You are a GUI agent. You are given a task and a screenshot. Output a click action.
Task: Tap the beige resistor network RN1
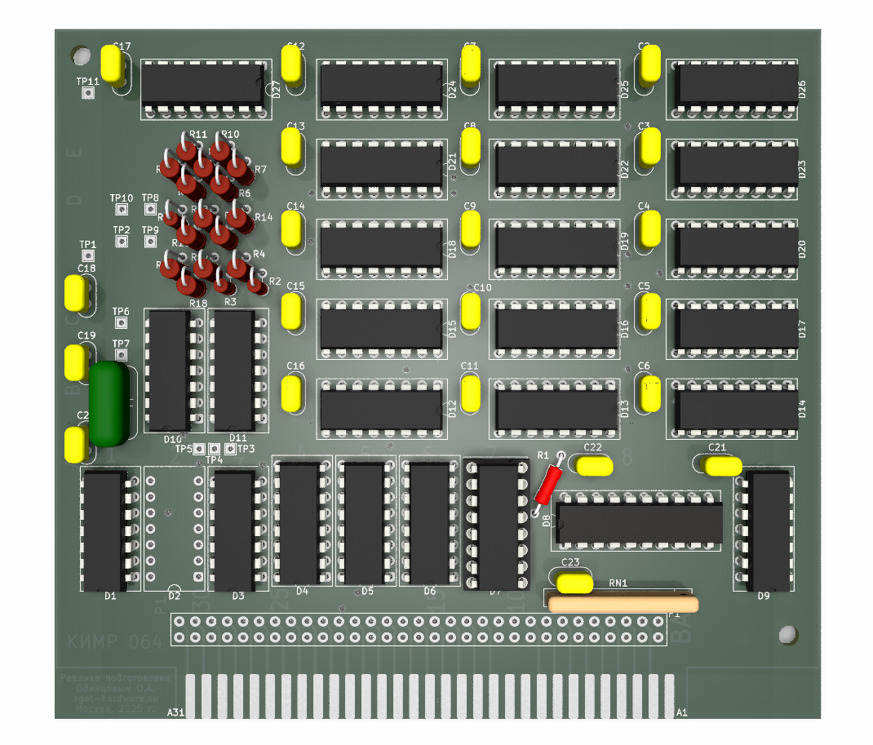623,604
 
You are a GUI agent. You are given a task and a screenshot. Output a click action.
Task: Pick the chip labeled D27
204,85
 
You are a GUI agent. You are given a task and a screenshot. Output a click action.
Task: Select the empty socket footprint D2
174,528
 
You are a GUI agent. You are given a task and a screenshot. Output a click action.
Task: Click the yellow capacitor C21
723,466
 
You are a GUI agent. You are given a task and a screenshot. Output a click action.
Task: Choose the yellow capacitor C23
574,583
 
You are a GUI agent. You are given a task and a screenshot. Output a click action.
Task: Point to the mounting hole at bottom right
787,635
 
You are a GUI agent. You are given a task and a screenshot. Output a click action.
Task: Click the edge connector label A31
175,712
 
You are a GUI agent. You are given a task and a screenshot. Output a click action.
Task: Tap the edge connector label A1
682,712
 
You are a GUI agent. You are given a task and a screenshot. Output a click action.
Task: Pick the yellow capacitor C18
77,294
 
